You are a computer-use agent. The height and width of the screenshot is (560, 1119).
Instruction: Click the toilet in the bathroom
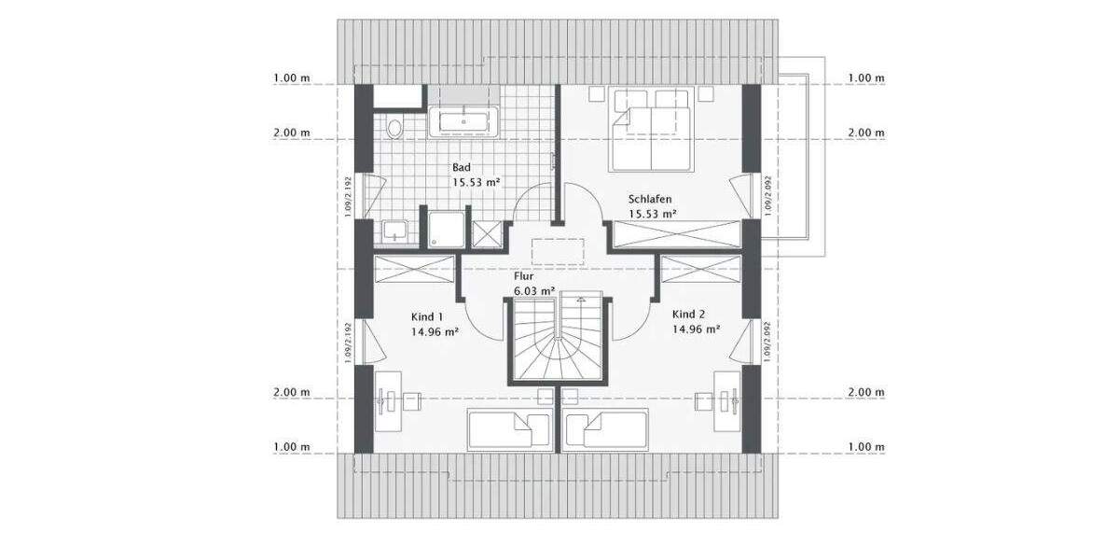(x=394, y=128)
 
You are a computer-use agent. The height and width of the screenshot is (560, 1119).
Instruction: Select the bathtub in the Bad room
(x=464, y=121)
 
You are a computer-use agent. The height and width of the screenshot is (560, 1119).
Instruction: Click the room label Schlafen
(x=649, y=199)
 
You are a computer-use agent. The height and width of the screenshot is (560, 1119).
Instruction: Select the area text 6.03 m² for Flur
(x=534, y=290)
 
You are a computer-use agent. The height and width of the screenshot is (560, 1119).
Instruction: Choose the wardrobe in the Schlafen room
(x=675, y=234)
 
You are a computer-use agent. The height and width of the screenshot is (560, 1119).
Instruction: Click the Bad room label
(x=461, y=167)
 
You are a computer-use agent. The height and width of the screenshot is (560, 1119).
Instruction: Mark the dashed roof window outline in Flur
(x=559, y=253)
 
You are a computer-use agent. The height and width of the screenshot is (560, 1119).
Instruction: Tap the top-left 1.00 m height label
(x=292, y=78)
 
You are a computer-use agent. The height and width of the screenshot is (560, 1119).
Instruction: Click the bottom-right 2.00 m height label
(x=866, y=392)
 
